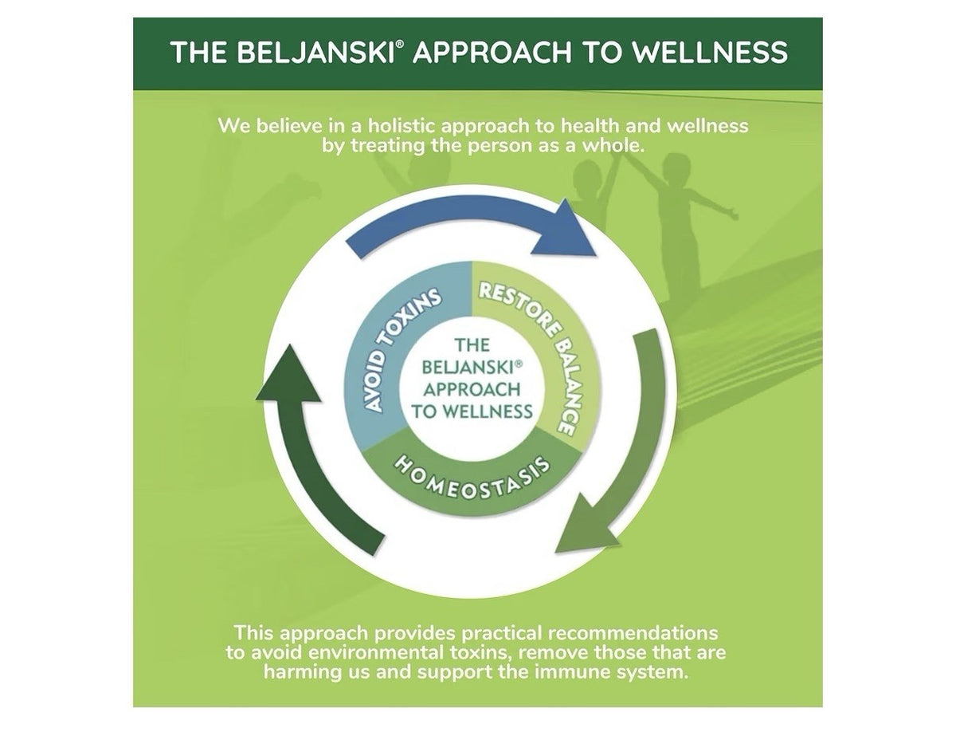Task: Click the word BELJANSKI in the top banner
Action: click(315, 53)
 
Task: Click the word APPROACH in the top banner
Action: click(492, 53)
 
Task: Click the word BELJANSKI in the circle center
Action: click(469, 367)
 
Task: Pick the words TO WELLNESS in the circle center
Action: click(472, 411)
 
